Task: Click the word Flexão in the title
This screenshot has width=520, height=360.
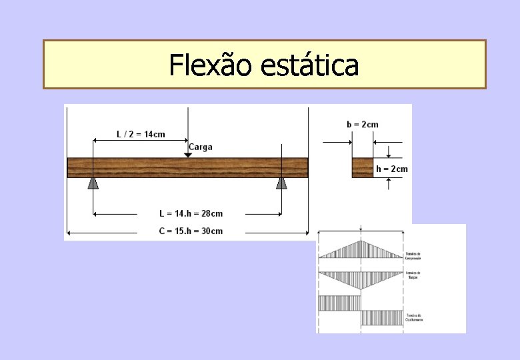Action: (211, 65)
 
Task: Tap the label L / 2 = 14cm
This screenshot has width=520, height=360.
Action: (141, 134)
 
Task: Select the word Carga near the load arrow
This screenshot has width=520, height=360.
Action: (201, 147)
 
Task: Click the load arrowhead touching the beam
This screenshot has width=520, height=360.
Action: (188, 155)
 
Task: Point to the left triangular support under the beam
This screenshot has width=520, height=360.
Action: (93, 182)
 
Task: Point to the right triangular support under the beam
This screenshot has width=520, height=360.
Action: (282, 182)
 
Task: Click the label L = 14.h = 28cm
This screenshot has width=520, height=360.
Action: (191, 213)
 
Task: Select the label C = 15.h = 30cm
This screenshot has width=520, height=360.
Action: (191, 231)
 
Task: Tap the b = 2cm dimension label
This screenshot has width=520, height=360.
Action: (363, 124)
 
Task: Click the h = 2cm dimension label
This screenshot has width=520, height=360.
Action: (391, 169)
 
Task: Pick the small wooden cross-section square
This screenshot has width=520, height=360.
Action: (363, 167)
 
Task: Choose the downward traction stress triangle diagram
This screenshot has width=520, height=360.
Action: (361, 279)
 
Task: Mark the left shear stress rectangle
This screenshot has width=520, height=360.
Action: (340, 303)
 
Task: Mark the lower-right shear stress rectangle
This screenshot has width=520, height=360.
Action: (382, 317)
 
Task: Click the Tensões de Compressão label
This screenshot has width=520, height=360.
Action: (413, 255)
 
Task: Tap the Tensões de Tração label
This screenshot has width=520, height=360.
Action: (413, 275)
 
